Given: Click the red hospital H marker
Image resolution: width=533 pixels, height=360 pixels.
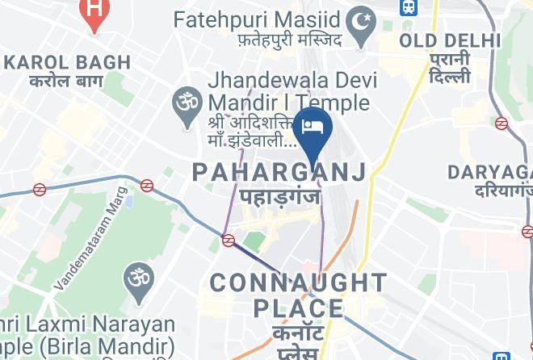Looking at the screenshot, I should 94,12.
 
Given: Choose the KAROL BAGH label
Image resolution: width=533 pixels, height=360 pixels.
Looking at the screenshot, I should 68,62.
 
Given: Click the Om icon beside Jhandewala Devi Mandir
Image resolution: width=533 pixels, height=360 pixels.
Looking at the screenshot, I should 185,103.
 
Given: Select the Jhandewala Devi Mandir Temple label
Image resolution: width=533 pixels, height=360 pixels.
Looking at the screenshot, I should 287,92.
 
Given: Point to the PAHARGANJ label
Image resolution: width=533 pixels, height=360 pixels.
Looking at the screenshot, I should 279,171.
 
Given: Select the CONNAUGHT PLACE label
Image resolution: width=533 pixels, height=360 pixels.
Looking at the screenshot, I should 299,295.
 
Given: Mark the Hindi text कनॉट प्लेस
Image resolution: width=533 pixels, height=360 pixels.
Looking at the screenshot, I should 299,341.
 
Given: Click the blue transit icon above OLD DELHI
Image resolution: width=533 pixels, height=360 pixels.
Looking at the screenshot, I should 409,8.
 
